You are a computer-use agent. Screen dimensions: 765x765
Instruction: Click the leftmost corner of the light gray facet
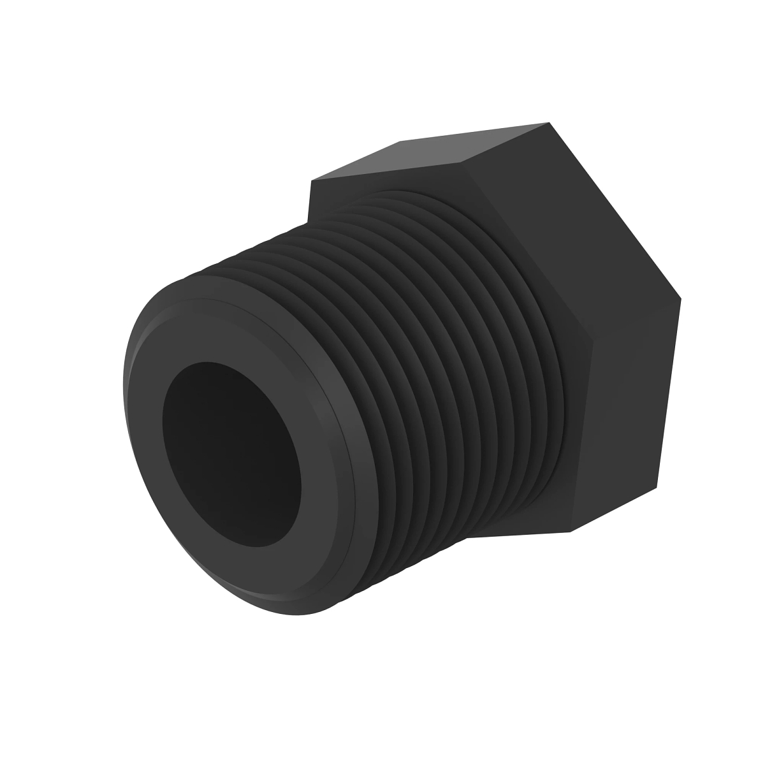310,181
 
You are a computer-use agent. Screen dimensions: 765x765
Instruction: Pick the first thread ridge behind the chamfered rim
357,408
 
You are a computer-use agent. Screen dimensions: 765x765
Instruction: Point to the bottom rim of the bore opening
255,546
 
